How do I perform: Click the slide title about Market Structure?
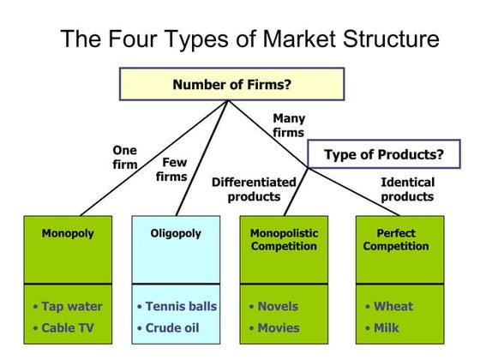(249, 39)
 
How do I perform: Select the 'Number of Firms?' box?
(231, 84)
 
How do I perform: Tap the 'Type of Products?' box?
(383, 155)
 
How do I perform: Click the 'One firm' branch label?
(125, 158)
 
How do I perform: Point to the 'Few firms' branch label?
(171, 170)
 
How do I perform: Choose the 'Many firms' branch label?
(288, 125)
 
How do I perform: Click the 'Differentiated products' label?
(254, 189)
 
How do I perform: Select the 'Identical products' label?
(407, 189)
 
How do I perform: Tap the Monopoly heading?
(68, 233)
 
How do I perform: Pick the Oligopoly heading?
(176, 233)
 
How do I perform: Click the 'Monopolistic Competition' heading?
(284, 239)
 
